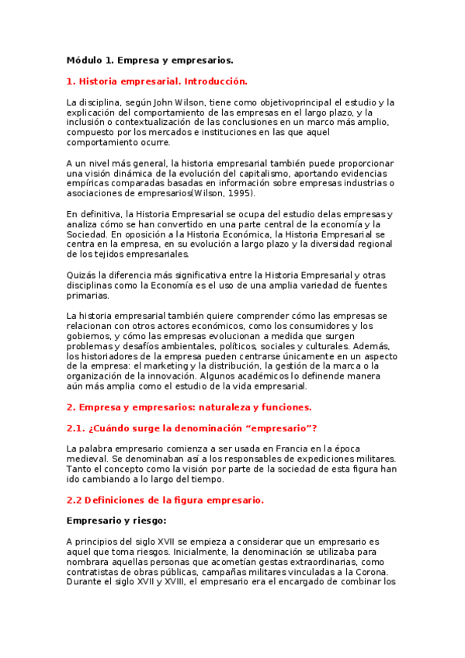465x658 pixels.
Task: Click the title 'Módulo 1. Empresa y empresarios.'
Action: point(150,60)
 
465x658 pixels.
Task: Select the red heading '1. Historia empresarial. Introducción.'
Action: point(157,81)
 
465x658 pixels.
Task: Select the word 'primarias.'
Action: point(88,295)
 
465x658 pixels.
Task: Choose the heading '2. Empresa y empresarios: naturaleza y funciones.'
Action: point(189,407)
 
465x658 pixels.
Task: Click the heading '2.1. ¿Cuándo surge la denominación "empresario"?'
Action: point(192,428)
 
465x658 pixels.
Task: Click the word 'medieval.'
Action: point(88,459)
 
